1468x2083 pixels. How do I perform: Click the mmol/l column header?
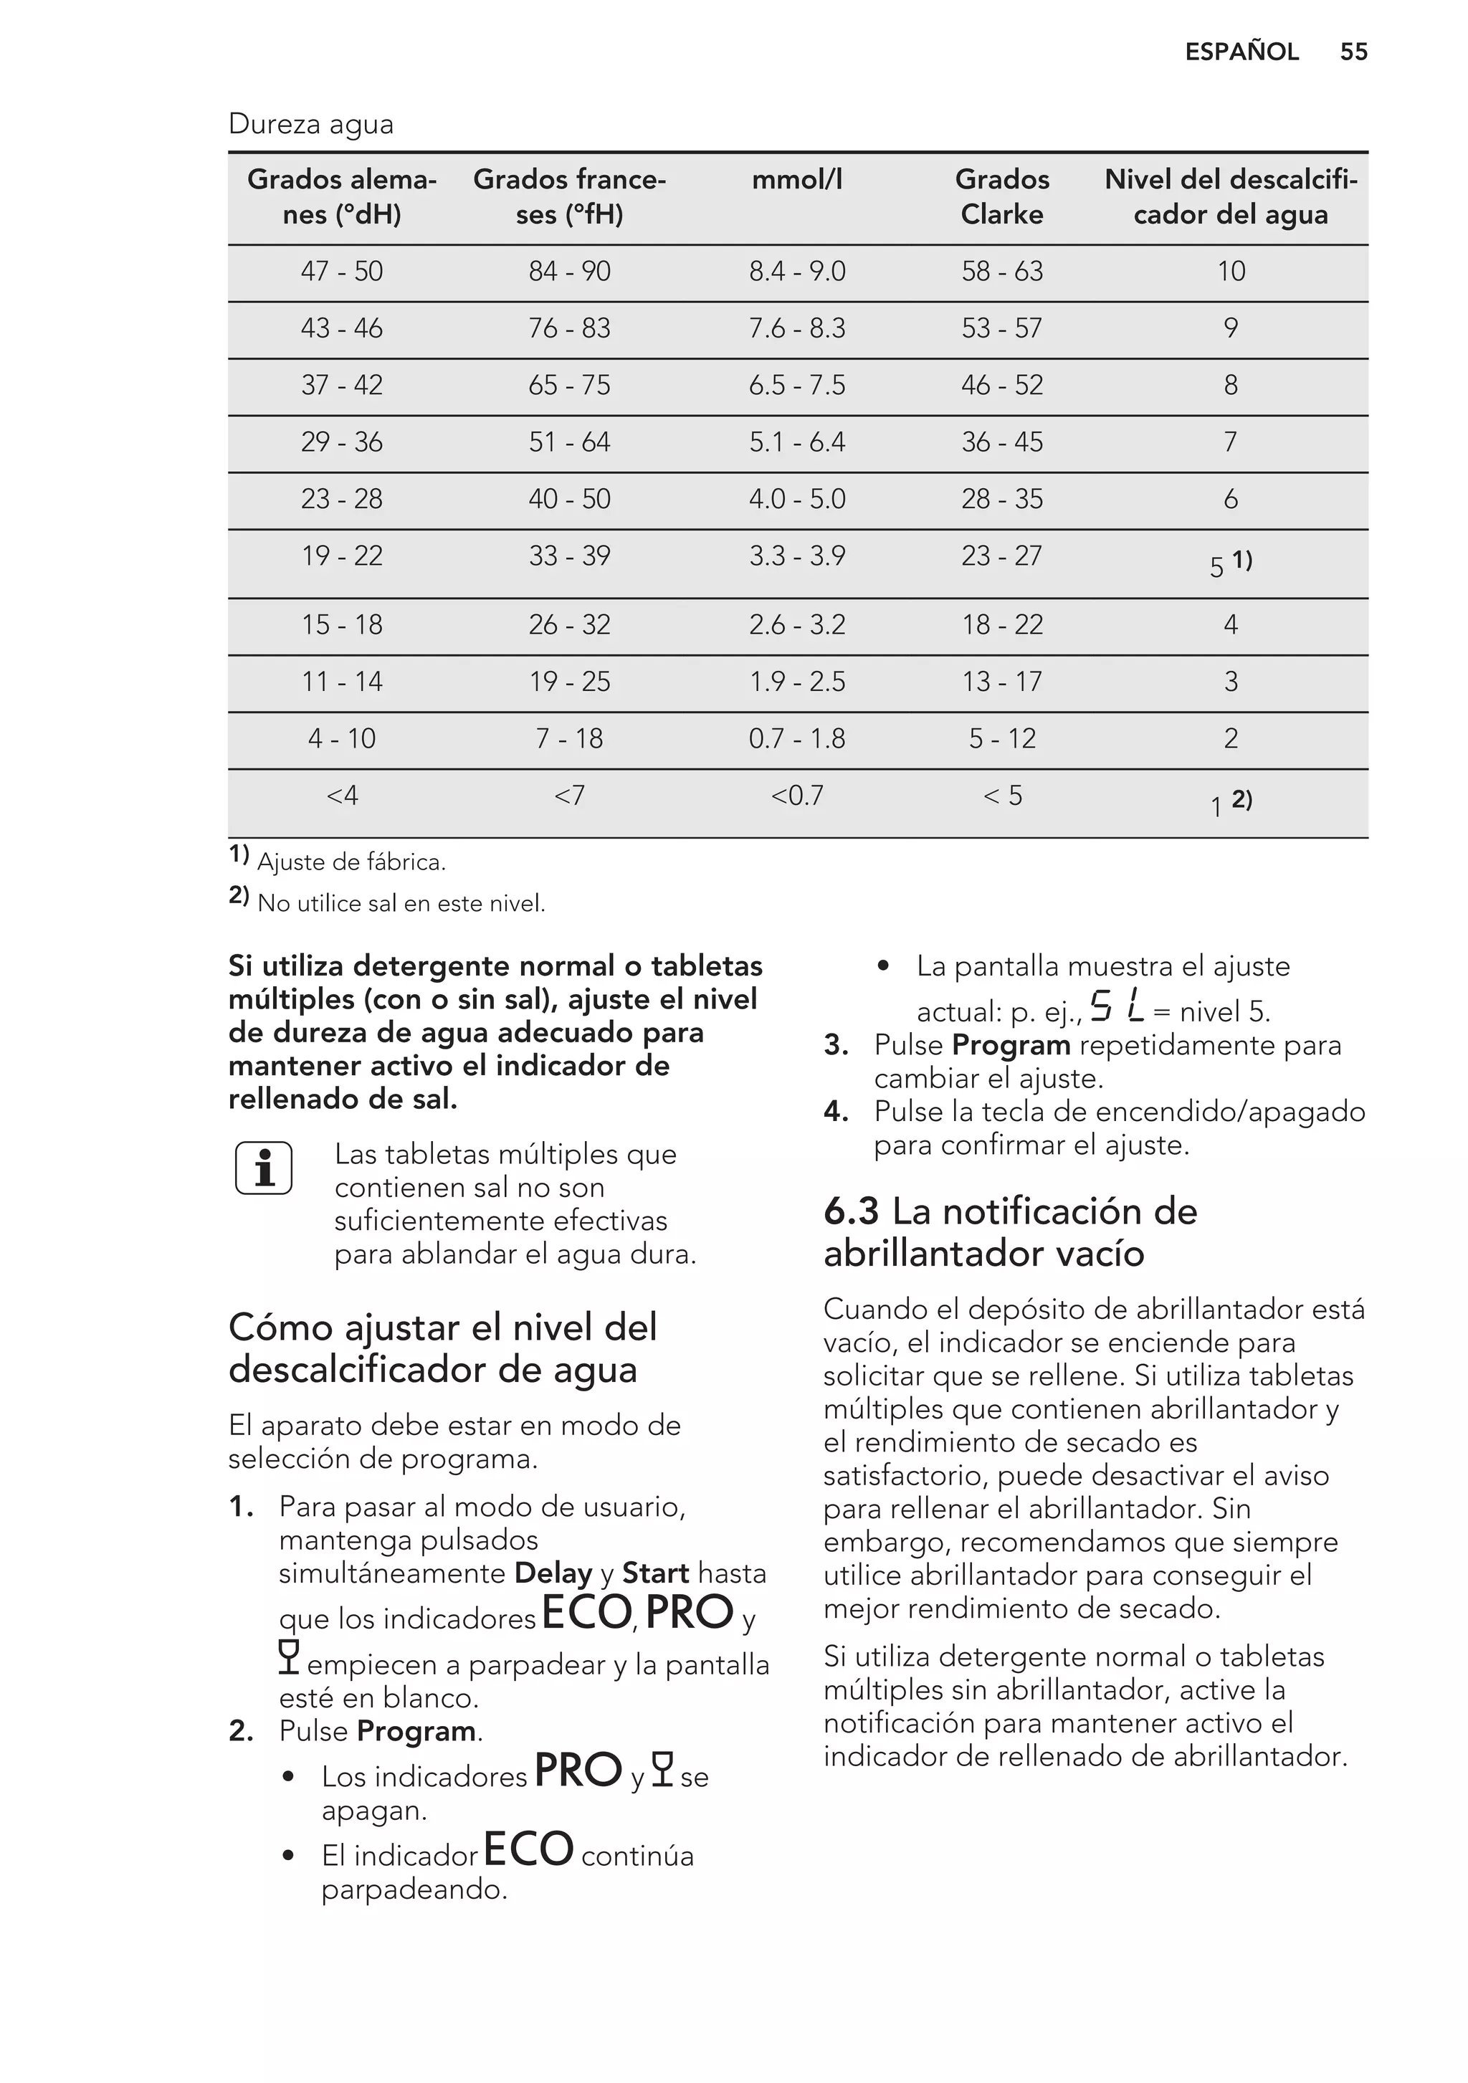pyautogui.click(x=796, y=180)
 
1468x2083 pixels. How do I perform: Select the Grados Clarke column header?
pyautogui.click(x=1001, y=197)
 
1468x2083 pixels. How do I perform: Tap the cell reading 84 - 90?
pyautogui.click(x=569, y=271)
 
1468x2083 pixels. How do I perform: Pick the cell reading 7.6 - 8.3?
pyautogui.click(x=796, y=328)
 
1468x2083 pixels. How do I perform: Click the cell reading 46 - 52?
pyautogui.click(x=1001, y=386)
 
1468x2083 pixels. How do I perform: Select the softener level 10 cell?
pyautogui.click(x=1230, y=271)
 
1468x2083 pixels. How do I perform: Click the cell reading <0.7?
pyautogui.click(x=796, y=796)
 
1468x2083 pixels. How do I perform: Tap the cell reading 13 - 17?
pyautogui.click(x=1001, y=682)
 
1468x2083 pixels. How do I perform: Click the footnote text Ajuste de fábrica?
pyautogui.click(x=351, y=862)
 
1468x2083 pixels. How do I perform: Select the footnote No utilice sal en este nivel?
pyautogui.click(x=401, y=904)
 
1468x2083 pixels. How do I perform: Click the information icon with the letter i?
pyautogui.click(x=264, y=1168)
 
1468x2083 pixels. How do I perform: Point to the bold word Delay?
pyautogui.click(x=553, y=1573)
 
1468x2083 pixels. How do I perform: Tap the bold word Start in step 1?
pyautogui.click(x=655, y=1573)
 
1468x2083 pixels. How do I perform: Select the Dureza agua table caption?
pyautogui.click(x=311, y=124)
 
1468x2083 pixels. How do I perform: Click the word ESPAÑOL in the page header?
pyautogui.click(x=1241, y=52)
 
